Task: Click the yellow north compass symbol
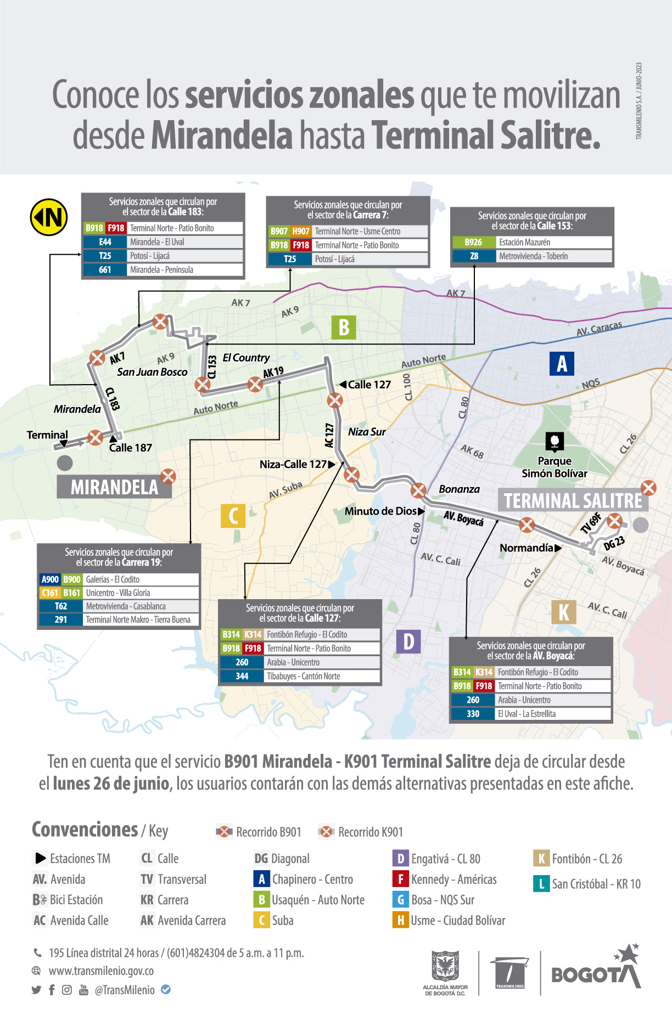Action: point(49,217)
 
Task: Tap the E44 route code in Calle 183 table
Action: point(105,242)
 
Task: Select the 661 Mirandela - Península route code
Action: point(105,270)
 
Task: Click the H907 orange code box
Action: point(301,232)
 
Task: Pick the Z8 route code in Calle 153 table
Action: point(474,256)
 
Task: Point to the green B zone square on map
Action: point(344,328)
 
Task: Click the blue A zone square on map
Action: point(562,363)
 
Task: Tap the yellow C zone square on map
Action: point(233,516)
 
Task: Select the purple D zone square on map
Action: point(408,641)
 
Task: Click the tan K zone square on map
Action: point(564,612)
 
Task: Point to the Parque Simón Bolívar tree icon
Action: point(555,441)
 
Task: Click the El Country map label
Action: point(246,358)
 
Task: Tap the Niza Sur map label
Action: point(367,432)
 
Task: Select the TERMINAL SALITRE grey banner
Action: point(573,500)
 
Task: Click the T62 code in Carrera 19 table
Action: point(61,606)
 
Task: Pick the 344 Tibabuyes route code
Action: point(242,677)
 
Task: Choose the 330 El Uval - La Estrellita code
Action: point(473,714)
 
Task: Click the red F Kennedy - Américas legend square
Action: point(400,879)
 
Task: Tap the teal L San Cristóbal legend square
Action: point(541,884)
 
